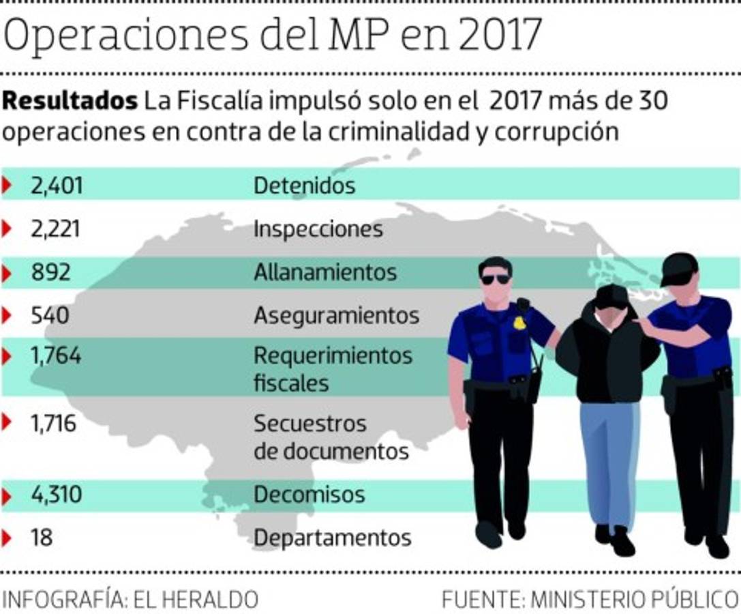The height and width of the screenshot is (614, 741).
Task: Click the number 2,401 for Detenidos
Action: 57,186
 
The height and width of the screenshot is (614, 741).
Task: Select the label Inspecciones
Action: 318,229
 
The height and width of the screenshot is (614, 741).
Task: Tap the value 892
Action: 50,273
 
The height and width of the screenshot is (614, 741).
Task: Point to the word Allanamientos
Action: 324,273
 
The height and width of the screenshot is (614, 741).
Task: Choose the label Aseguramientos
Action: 336,316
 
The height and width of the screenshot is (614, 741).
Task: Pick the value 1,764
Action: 55,355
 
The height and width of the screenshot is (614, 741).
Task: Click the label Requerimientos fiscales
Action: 333,369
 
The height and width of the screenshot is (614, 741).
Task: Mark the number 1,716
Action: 53,424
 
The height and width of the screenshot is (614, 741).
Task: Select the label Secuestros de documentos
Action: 331,437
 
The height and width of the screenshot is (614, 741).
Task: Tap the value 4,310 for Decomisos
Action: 57,495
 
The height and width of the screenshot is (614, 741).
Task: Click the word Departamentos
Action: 332,538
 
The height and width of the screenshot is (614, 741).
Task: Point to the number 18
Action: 42,538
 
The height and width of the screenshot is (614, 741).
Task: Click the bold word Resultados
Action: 70,102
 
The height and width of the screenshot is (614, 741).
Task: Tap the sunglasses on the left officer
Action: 496,279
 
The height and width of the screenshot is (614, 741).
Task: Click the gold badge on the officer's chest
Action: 519,322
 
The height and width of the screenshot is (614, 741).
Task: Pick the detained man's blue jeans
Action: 609,464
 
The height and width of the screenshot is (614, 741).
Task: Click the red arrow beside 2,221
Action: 7,229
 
